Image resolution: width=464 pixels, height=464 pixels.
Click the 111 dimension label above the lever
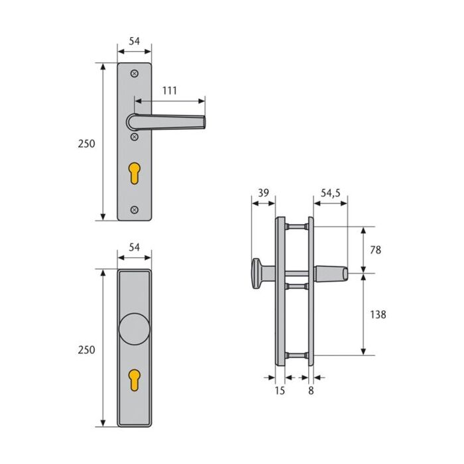[x=170, y=91]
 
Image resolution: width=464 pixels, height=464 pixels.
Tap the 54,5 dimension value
[x=331, y=193]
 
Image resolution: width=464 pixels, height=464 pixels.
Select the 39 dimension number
[x=263, y=193]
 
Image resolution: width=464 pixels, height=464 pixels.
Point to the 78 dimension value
[x=376, y=250]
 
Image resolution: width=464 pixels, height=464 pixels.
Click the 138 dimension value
[x=378, y=314]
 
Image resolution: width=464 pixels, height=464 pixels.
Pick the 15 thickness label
[x=280, y=390]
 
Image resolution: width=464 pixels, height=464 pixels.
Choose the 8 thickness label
[x=311, y=390]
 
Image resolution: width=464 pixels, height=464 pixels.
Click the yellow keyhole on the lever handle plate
[x=135, y=173]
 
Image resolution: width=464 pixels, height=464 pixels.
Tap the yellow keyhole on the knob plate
[x=135, y=380]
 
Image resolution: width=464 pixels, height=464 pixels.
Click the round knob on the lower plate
[x=135, y=329]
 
